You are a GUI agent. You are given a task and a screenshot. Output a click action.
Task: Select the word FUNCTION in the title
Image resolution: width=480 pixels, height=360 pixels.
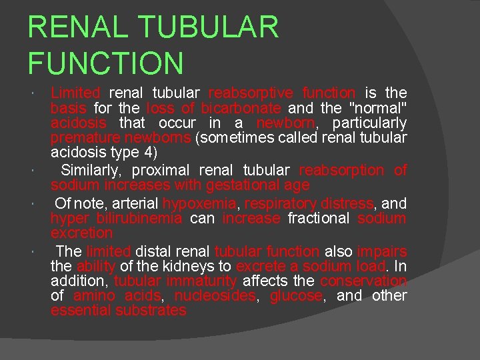[105, 63]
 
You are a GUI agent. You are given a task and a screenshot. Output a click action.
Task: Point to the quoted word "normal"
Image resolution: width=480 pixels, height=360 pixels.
[376, 108]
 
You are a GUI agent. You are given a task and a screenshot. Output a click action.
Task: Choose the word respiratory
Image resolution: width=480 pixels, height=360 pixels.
[279, 203]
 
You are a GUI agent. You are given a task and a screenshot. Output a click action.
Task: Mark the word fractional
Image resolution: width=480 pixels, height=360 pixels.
[319, 219]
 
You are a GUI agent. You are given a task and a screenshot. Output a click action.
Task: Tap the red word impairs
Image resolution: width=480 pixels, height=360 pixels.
[381, 251]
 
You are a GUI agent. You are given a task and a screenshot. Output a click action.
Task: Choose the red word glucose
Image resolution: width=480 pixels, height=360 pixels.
[296, 296]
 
